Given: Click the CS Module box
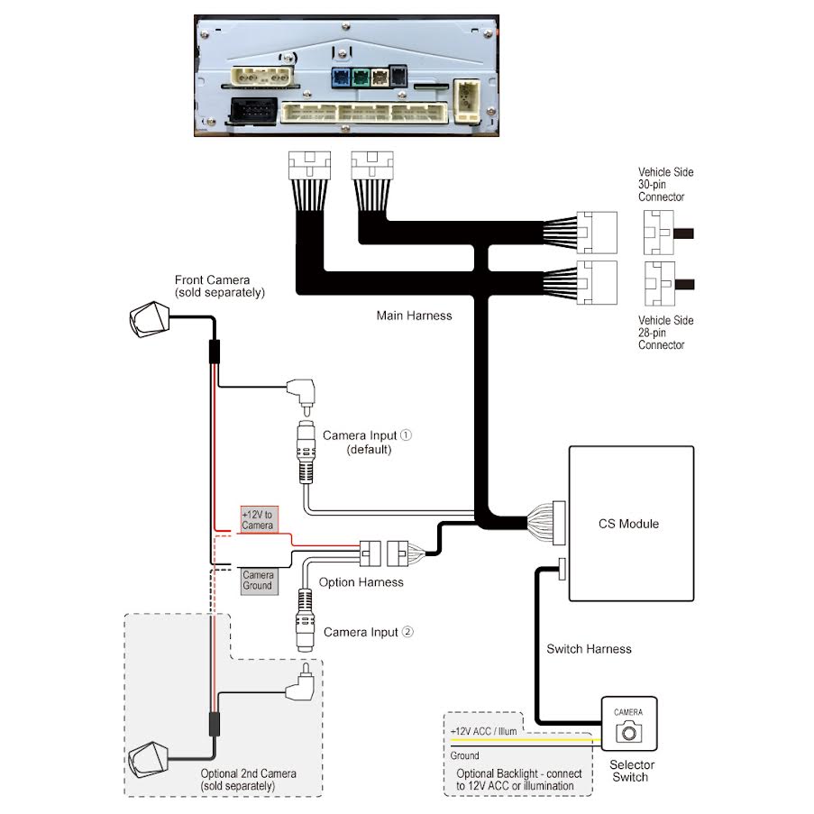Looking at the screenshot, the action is point(631,523).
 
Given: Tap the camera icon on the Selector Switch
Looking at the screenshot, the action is point(628,732).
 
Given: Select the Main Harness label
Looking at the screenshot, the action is point(415,316).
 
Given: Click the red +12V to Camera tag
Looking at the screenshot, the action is point(260,519).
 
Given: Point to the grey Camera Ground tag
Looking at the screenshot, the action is point(260,581).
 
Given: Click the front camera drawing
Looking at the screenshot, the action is point(150,319).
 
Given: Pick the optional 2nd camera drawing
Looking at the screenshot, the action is point(149,760).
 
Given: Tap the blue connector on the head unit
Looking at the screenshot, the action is point(341,78).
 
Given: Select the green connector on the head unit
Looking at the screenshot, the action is point(361,78).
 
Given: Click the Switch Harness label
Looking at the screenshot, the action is point(589,649).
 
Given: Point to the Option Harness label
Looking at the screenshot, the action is point(361,582).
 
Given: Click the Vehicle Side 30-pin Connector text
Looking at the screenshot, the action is point(665,184).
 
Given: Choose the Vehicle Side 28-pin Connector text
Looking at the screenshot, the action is point(665,333).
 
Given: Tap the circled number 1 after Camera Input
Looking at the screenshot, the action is point(406,435).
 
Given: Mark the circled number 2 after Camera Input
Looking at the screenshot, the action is point(407,632).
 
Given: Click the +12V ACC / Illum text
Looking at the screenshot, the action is point(484,731).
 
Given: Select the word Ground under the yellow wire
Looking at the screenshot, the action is point(464,755).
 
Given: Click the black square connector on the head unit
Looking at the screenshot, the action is point(252,110).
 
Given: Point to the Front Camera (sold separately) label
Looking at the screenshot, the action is point(220,287).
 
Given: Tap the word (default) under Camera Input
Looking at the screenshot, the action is point(369,450).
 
